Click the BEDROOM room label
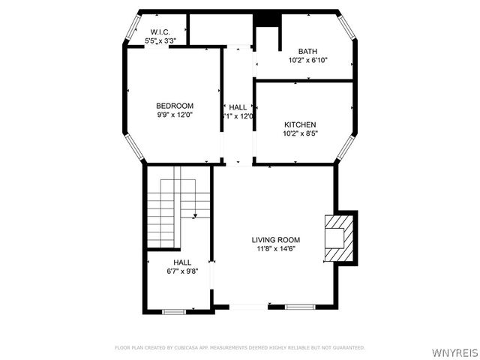coord(175,106)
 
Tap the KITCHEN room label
coord(299,124)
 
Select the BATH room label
coord(307,52)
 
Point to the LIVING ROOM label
coord(275,240)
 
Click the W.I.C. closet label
coord(158,32)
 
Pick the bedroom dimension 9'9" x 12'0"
coord(175,115)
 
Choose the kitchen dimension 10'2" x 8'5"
coord(299,133)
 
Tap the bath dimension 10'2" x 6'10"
coord(307,61)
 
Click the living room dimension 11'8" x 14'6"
coord(275,249)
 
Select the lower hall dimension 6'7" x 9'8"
coord(182,271)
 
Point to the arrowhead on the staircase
coord(195,215)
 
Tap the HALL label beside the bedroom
coord(238,107)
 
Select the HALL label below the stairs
coord(182,262)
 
